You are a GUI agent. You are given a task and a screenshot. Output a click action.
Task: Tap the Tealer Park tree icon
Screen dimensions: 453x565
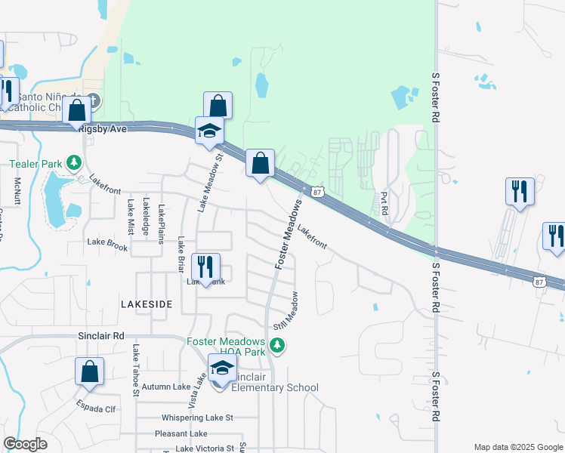74,162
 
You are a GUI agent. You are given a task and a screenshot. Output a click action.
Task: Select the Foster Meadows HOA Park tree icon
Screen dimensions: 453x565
279,345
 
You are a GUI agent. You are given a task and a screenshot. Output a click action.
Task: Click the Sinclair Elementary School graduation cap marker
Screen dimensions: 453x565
222,368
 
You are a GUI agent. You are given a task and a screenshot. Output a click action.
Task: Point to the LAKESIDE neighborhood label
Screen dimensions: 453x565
147,304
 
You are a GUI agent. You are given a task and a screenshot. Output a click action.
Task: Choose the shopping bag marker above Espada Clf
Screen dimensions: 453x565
89,371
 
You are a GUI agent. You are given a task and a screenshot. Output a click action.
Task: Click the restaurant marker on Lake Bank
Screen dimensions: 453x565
205,267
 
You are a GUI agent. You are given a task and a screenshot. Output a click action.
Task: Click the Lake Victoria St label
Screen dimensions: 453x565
205,448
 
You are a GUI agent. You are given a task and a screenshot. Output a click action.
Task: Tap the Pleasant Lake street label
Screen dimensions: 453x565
181,433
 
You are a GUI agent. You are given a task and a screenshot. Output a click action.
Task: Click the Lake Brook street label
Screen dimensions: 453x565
107,243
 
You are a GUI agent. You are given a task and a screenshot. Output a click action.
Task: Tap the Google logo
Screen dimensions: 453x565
25,444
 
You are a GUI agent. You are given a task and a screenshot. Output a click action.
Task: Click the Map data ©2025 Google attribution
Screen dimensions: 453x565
517,446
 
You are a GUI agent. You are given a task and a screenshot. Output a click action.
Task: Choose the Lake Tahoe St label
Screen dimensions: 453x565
136,370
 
